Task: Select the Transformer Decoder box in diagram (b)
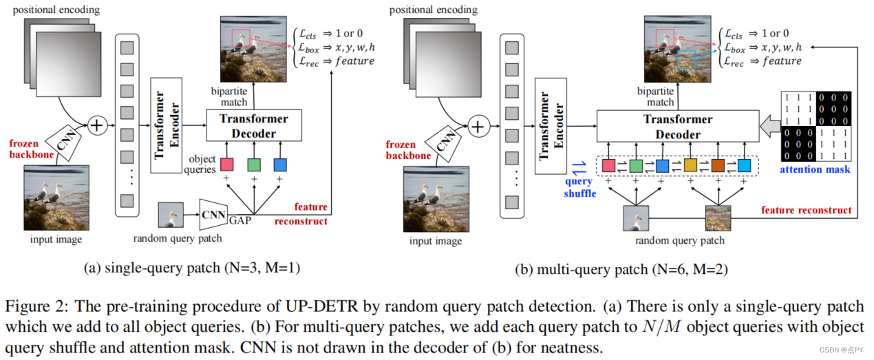pos(678,127)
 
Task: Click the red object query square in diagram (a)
pos(227,165)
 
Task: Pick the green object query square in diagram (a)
pos(254,165)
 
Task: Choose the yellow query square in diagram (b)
pos(690,166)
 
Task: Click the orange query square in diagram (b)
pos(718,166)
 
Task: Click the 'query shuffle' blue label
pos(579,187)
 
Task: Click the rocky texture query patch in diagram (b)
pos(718,218)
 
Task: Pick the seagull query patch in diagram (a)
pos(171,215)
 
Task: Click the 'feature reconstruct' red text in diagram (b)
pos(806,210)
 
